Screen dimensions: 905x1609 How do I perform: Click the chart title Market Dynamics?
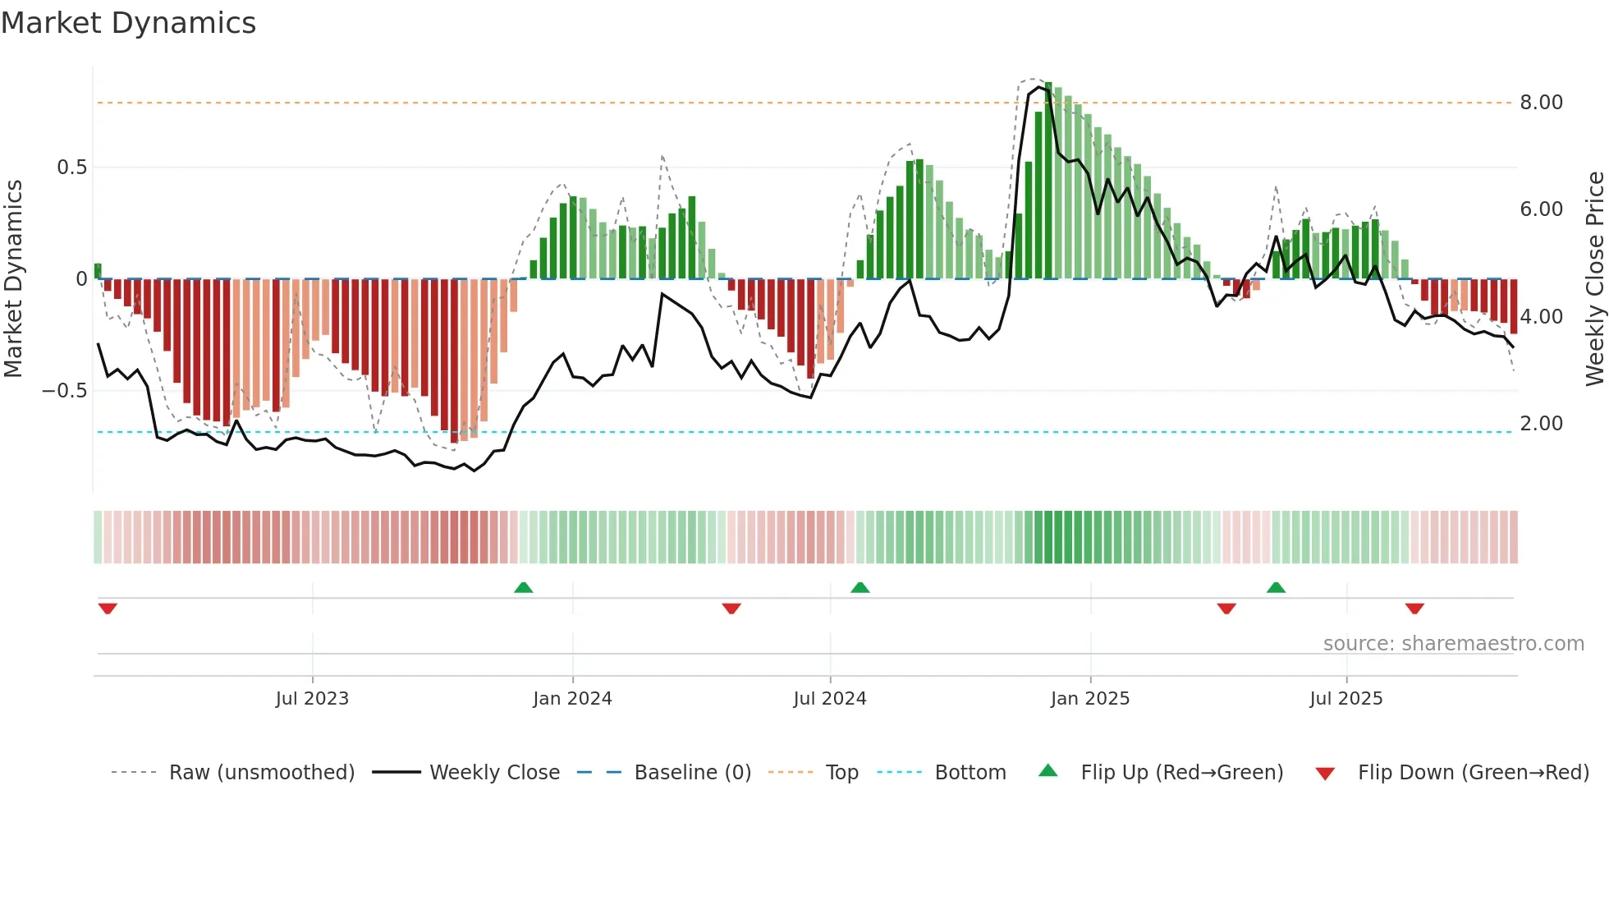128,23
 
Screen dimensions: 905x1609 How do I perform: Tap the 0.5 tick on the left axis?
71,168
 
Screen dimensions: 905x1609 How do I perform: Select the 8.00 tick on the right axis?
1541,103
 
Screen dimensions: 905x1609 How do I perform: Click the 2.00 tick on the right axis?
1541,424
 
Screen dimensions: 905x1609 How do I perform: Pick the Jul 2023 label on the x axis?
312,699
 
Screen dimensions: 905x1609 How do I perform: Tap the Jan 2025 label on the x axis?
1090,699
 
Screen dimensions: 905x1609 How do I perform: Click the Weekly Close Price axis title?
1594,279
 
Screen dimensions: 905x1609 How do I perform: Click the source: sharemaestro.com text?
1453,644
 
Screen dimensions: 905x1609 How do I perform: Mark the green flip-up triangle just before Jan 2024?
523,587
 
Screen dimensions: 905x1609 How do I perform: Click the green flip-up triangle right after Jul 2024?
860,587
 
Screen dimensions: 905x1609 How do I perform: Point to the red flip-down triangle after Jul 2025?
1414,609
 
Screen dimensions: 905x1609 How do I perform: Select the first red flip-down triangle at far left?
108,609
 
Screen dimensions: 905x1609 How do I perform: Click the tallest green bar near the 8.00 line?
1048,181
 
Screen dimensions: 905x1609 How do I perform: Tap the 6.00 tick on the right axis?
1541,209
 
